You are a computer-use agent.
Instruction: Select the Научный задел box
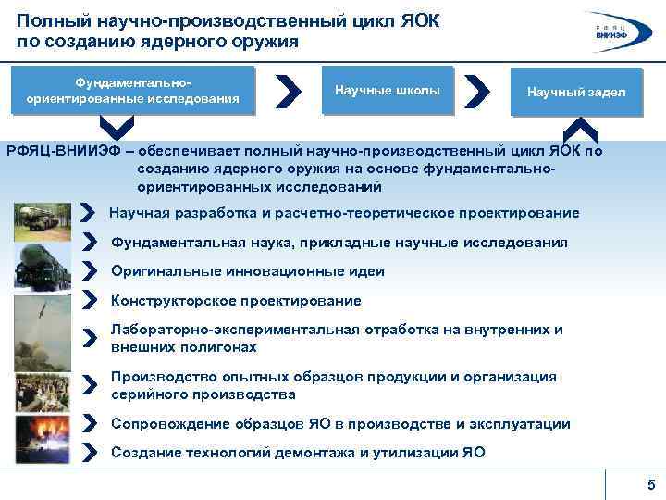pyautogui.click(x=575, y=92)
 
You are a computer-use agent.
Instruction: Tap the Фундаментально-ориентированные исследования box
pyautogui.click(x=132, y=91)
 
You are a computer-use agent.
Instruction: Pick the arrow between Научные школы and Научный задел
pyautogui.click(x=478, y=91)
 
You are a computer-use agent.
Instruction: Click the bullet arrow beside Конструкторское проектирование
pyautogui.click(x=89, y=300)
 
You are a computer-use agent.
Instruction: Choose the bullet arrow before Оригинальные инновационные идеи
pyautogui.click(x=89, y=271)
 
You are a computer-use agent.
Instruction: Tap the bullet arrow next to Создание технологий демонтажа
pyautogui.click(x=89, y=452)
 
